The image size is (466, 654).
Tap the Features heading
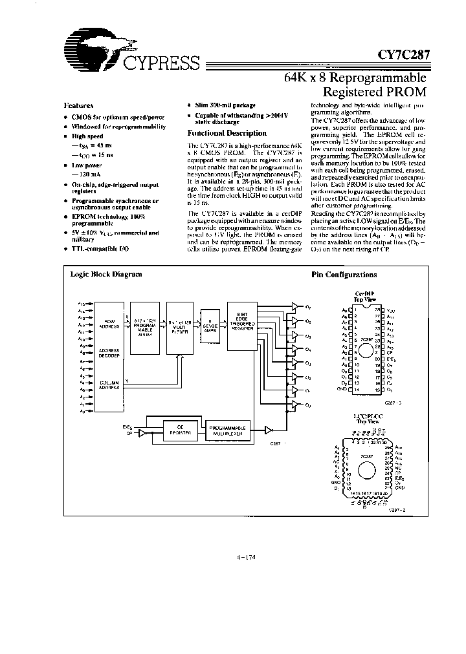(x=78, y=105)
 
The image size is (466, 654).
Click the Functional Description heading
(x=217, y=132)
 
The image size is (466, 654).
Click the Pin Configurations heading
(x=344, y=274)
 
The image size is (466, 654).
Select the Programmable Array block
(x=145, y=327)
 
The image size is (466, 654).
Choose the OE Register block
(x=177, y=429)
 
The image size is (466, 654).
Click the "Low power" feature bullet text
(x=87, y=165)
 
